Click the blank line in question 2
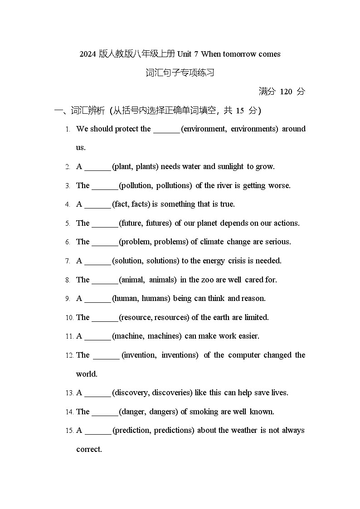[97, 167]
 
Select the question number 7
[68, 261]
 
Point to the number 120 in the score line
[286, 92]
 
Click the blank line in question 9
[97, 299]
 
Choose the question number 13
[69, 393]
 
